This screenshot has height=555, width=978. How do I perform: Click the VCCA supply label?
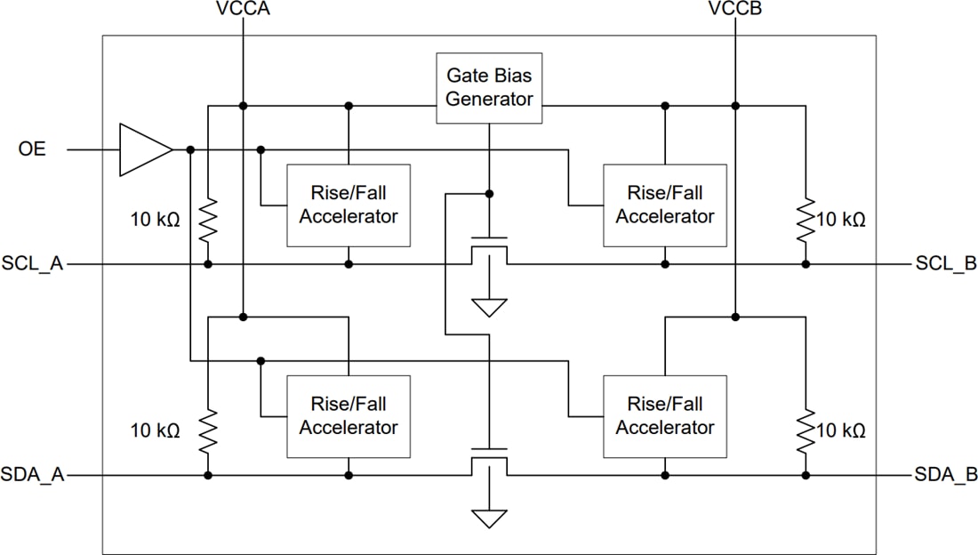click(242, 10)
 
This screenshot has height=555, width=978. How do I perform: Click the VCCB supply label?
click(735, 10)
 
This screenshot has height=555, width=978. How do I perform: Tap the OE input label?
click(32, 149)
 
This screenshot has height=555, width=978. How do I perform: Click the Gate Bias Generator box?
click(489, 88)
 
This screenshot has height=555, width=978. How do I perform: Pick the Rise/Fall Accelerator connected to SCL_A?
click(349, 205)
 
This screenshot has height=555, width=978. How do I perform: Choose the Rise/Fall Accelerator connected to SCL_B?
click(665, 205)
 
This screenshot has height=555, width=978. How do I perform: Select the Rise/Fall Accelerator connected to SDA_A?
click(349, 416)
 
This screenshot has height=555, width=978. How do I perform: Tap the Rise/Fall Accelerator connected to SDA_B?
click(665, 416)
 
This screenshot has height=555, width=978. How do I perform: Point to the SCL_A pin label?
click(33, 264)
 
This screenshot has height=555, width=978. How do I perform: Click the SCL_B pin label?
click(946, 264)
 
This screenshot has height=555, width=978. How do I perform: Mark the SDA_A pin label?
click(33, 476)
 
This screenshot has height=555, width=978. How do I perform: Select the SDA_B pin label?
click(946, 476)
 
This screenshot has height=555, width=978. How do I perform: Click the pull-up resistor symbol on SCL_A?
click(207, 220)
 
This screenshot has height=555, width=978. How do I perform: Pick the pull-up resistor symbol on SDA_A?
click(207, 431)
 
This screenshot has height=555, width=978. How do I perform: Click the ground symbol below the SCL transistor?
click(489, 308)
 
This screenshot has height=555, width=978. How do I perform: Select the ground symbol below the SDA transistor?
click(489, 519)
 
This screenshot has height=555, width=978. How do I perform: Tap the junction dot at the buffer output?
click(190, 149)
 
